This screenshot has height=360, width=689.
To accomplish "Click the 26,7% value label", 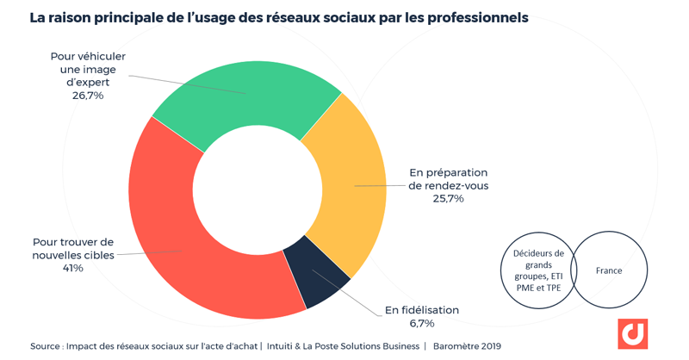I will [x=88, y=96].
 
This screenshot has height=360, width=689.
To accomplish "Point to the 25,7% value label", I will [x=448, y=198].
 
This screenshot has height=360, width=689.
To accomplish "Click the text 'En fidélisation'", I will [x=422, y=310].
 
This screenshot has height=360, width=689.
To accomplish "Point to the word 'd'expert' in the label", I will [x=88, y=82].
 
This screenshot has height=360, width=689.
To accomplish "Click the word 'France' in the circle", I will [x=609, y=270].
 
